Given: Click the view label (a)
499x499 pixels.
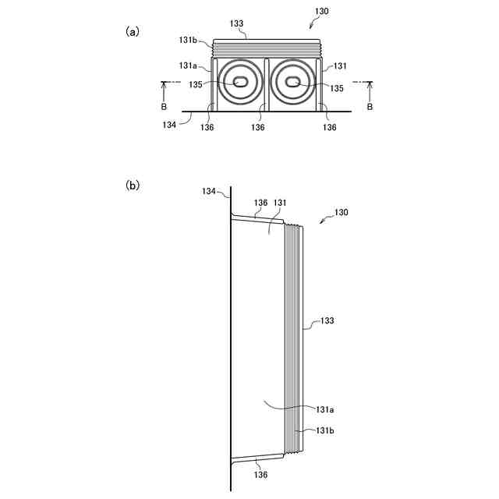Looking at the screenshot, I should tap(133, 31).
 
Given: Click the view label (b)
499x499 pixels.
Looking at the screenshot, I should tap(133, 186).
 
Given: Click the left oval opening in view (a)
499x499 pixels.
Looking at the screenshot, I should tap(240, 82).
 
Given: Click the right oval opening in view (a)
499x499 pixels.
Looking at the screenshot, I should tap(293, 82).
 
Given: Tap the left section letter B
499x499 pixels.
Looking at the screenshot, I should tap(164, 106).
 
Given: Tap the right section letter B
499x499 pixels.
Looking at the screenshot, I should tap(370, 106).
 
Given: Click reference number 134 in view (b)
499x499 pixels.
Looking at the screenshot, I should tap(209, 191).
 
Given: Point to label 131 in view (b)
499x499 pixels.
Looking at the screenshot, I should tap(280, 203).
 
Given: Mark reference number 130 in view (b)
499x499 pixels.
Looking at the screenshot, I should tap(341, 212).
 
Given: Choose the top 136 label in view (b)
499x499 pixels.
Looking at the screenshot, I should tap(260, 203).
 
